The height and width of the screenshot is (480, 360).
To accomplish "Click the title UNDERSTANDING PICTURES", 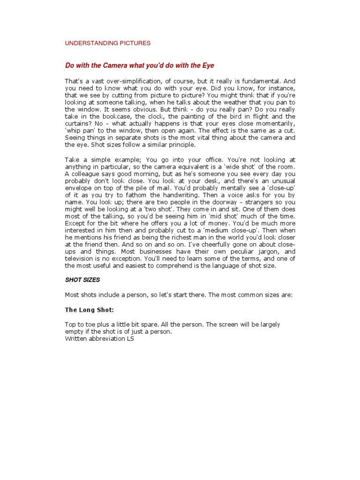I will coord(107,43).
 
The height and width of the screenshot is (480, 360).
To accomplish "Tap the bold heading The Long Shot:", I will coord(89,310).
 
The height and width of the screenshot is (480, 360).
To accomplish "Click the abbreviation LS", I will coord(130,339).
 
